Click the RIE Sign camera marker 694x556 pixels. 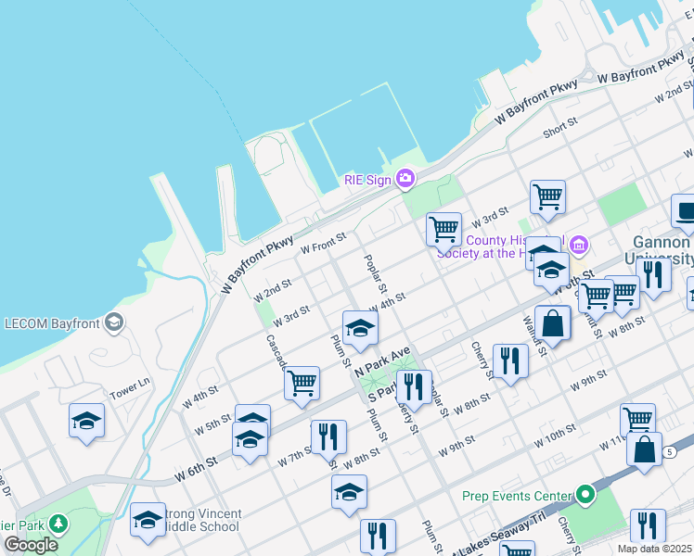(x=405, y=178)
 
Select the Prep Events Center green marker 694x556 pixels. (x=585, y=495)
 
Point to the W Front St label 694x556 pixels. (x=322, y=244)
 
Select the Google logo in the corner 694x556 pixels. (x=31, y=545)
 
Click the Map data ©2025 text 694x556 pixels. (x=654, y=549)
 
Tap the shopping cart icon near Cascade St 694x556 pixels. (x=302, y=381)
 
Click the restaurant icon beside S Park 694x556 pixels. (x=414, y=385)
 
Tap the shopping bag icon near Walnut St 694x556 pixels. (x=552, y=324)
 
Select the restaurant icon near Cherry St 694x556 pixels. (x=509, y=360)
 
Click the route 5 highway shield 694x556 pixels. (x=669, y=451)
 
